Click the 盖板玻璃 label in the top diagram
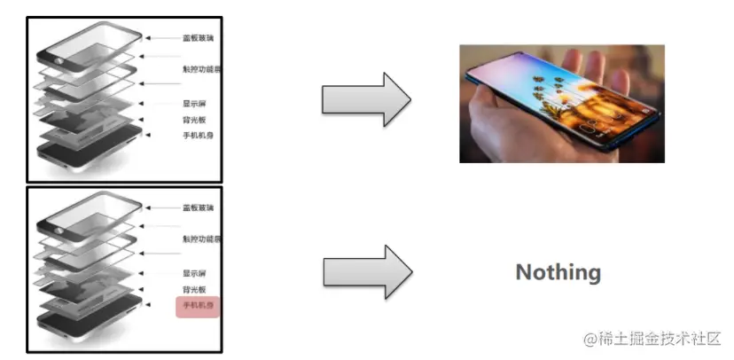199,38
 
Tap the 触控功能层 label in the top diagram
201,69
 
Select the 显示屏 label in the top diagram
194,104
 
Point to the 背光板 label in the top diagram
194,120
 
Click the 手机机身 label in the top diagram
198,136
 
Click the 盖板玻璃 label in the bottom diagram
199,207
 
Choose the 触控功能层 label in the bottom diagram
201,239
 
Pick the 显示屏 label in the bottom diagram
194,273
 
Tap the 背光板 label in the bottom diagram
194,290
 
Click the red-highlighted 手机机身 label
198,307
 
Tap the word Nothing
558,272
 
